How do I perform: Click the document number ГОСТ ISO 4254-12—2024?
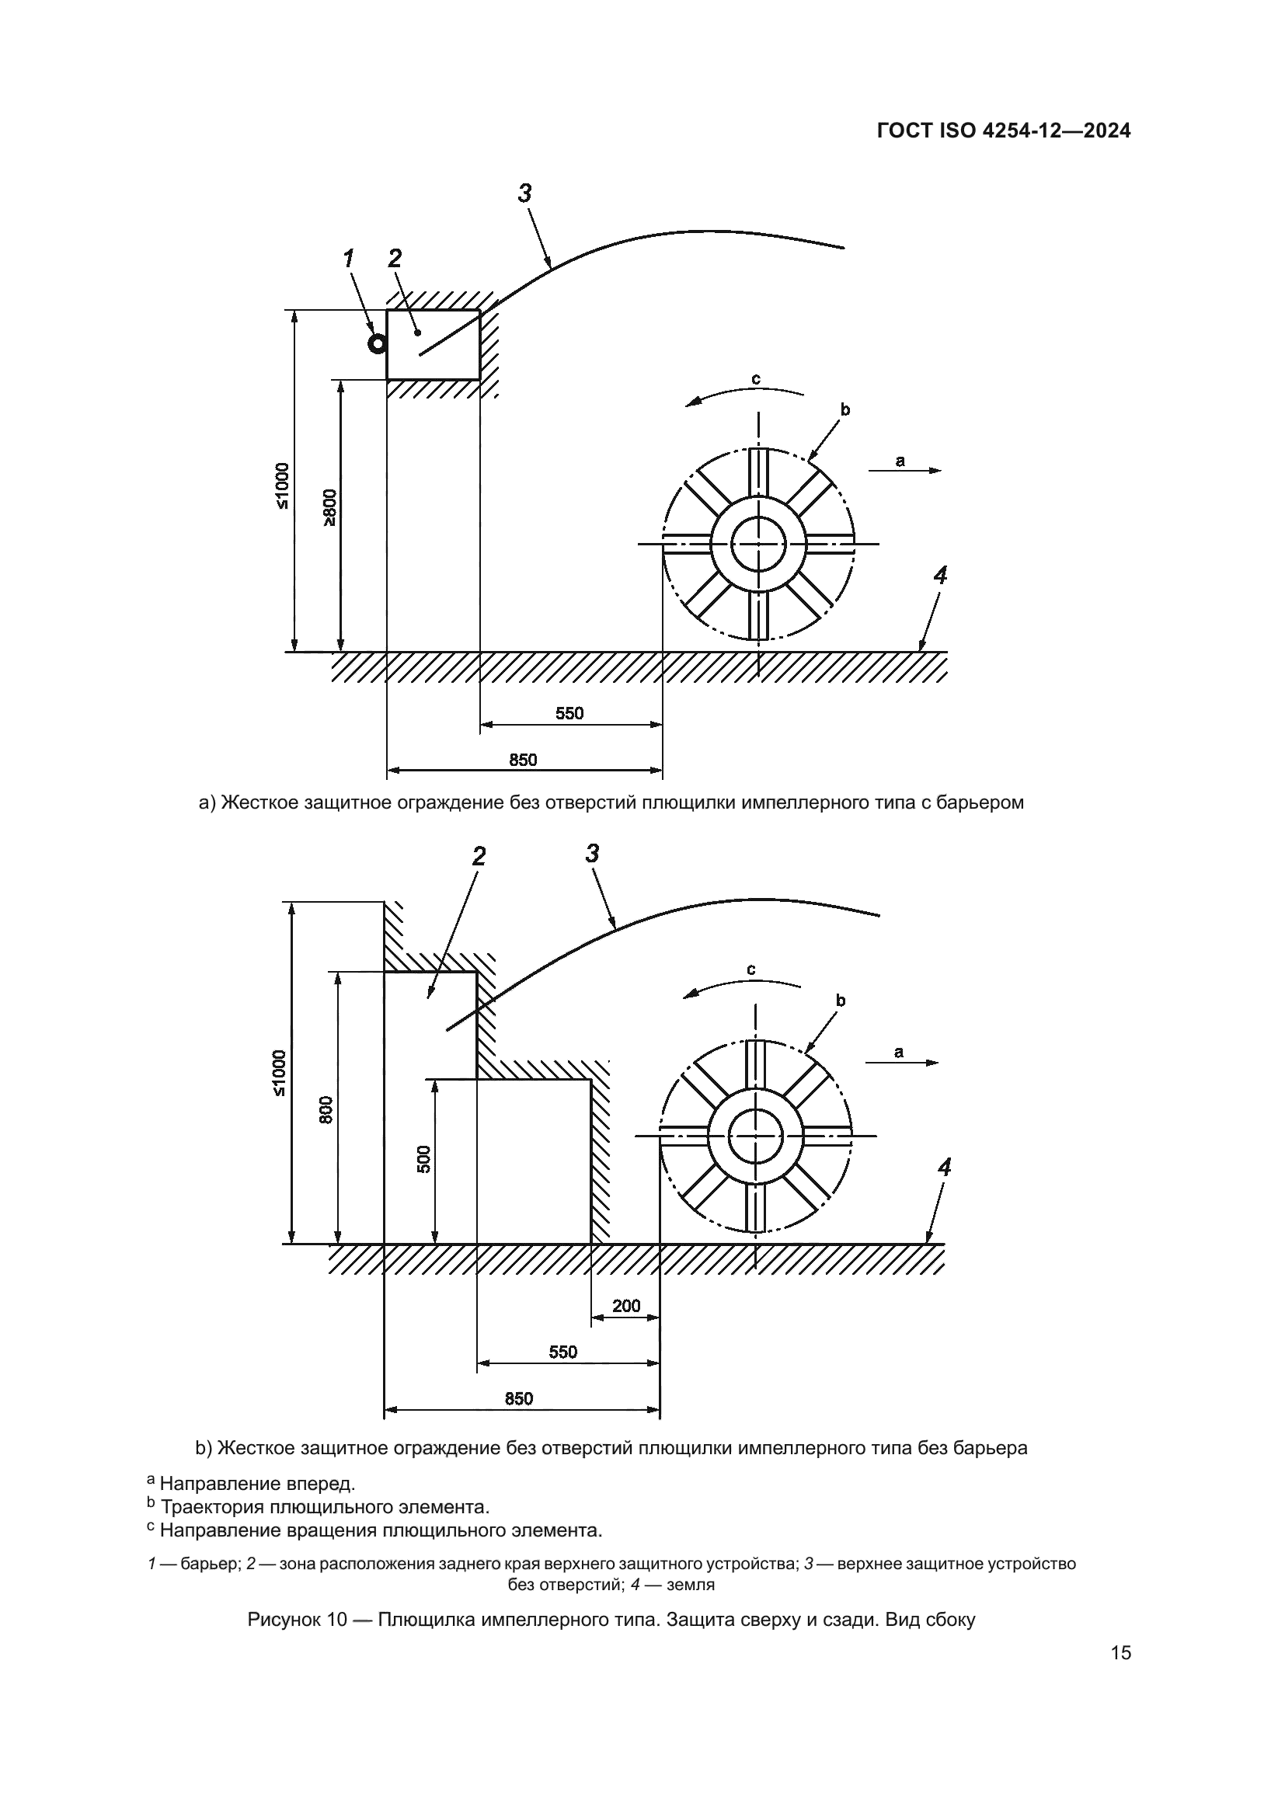point(1003,131)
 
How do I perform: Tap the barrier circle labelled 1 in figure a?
point(378,343)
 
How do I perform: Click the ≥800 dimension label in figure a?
point(329,507)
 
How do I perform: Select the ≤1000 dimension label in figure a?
point(283,485)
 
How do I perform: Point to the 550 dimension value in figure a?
point(569,713)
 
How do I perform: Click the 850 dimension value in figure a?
point(523,760)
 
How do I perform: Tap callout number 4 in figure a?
point(939,576)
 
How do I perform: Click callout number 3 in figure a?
point(524,193)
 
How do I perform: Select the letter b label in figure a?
point(845,409)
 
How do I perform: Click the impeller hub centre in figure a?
point(758,544)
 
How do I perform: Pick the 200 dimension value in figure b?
point(626,1305)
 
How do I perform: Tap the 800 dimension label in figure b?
point(327,1109)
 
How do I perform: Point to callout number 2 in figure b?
point(478,855)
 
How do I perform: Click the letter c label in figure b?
point(751,969)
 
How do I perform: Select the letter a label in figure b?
point(898,1052)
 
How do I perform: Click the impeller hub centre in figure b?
point(756,1136)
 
